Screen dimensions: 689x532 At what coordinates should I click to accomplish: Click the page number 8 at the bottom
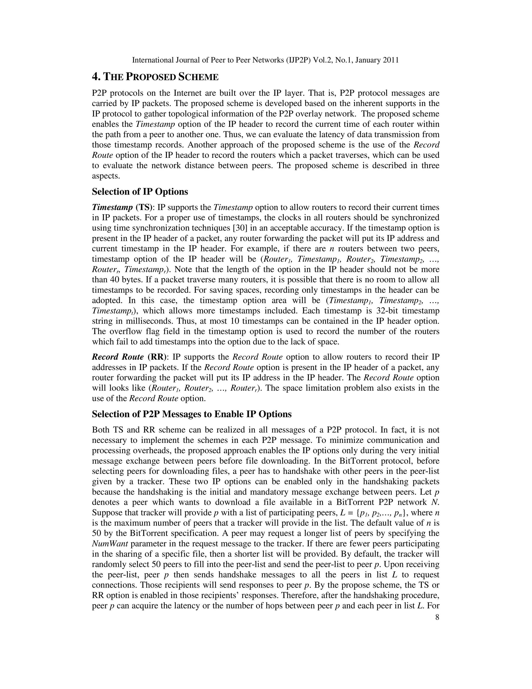[437, 617]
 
